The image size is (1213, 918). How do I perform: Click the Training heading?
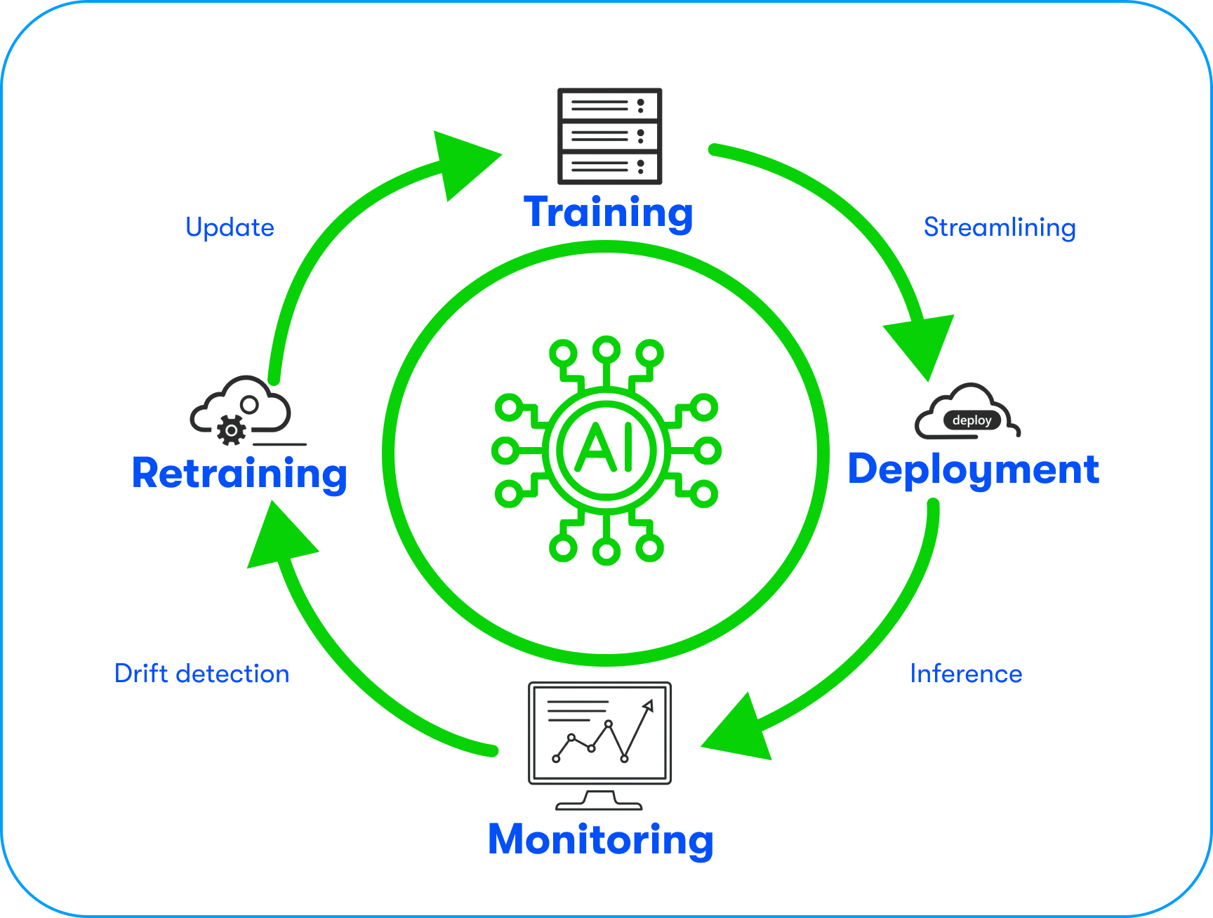(608, 212)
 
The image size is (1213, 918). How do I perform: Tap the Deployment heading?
(973, 469)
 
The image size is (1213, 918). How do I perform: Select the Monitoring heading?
(600, 839)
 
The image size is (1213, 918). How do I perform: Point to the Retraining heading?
(239, 473)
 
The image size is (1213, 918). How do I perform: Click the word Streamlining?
(1000, 227)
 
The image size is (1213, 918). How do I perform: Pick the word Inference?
(966, 674)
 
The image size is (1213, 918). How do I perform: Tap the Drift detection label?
(201, 674)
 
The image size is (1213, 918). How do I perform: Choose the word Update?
(230, 227)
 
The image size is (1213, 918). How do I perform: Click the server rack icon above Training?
(609, 136)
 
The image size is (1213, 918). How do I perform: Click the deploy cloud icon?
(967, 413)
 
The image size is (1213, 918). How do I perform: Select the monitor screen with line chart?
(599, 733)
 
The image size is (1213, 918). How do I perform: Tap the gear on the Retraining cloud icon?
(231, 430)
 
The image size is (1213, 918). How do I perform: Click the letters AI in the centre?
(606, 448)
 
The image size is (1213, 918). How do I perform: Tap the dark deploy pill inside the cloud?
(972, 420)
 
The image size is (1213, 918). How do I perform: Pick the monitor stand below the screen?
(599, 800)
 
